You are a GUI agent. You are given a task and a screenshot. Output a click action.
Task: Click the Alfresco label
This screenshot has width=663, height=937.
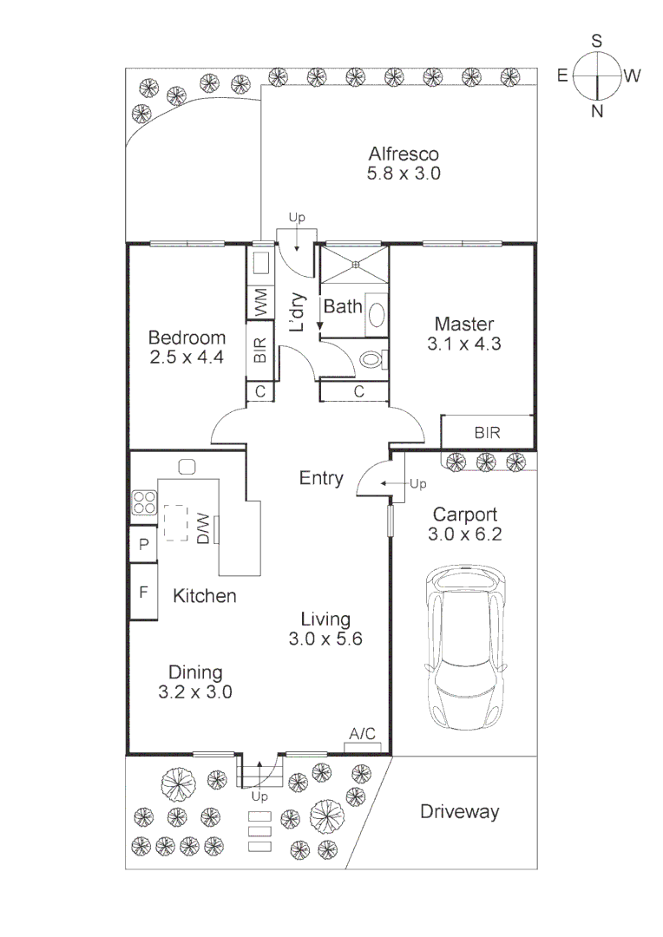tap(404, 154)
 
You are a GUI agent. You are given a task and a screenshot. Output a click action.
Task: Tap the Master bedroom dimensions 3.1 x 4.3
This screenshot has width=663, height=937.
tap(464, 343)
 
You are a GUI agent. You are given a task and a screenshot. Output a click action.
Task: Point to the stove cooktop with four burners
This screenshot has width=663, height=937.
tap(143, 502)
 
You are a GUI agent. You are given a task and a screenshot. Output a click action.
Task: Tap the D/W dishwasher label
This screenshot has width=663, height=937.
tap(202, 527)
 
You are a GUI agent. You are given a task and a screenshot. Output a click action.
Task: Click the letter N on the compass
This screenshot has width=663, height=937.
tap(597, 110)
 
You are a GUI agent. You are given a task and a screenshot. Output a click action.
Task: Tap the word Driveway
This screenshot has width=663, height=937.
tap(460, 812)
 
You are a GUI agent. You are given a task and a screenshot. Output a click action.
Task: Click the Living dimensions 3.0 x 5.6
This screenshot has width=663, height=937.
tap(325, 639)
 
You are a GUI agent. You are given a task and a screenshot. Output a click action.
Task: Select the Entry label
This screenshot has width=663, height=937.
tap(321, 478)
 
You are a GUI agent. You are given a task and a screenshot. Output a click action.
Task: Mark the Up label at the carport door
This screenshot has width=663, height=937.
tap(417, 482)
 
